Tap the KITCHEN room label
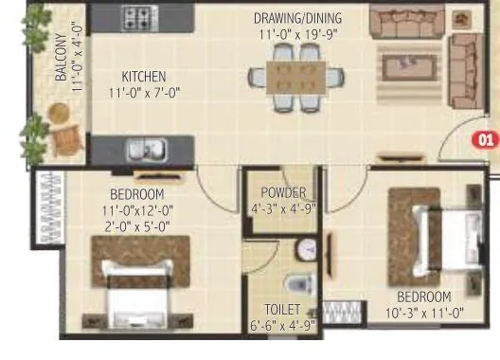[x=143, y=76]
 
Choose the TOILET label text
[x=283, y=310]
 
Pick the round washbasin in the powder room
[x=306, y=249]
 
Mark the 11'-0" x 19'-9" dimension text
[x=297, y=35]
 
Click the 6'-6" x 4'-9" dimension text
[x=283, y=326]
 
